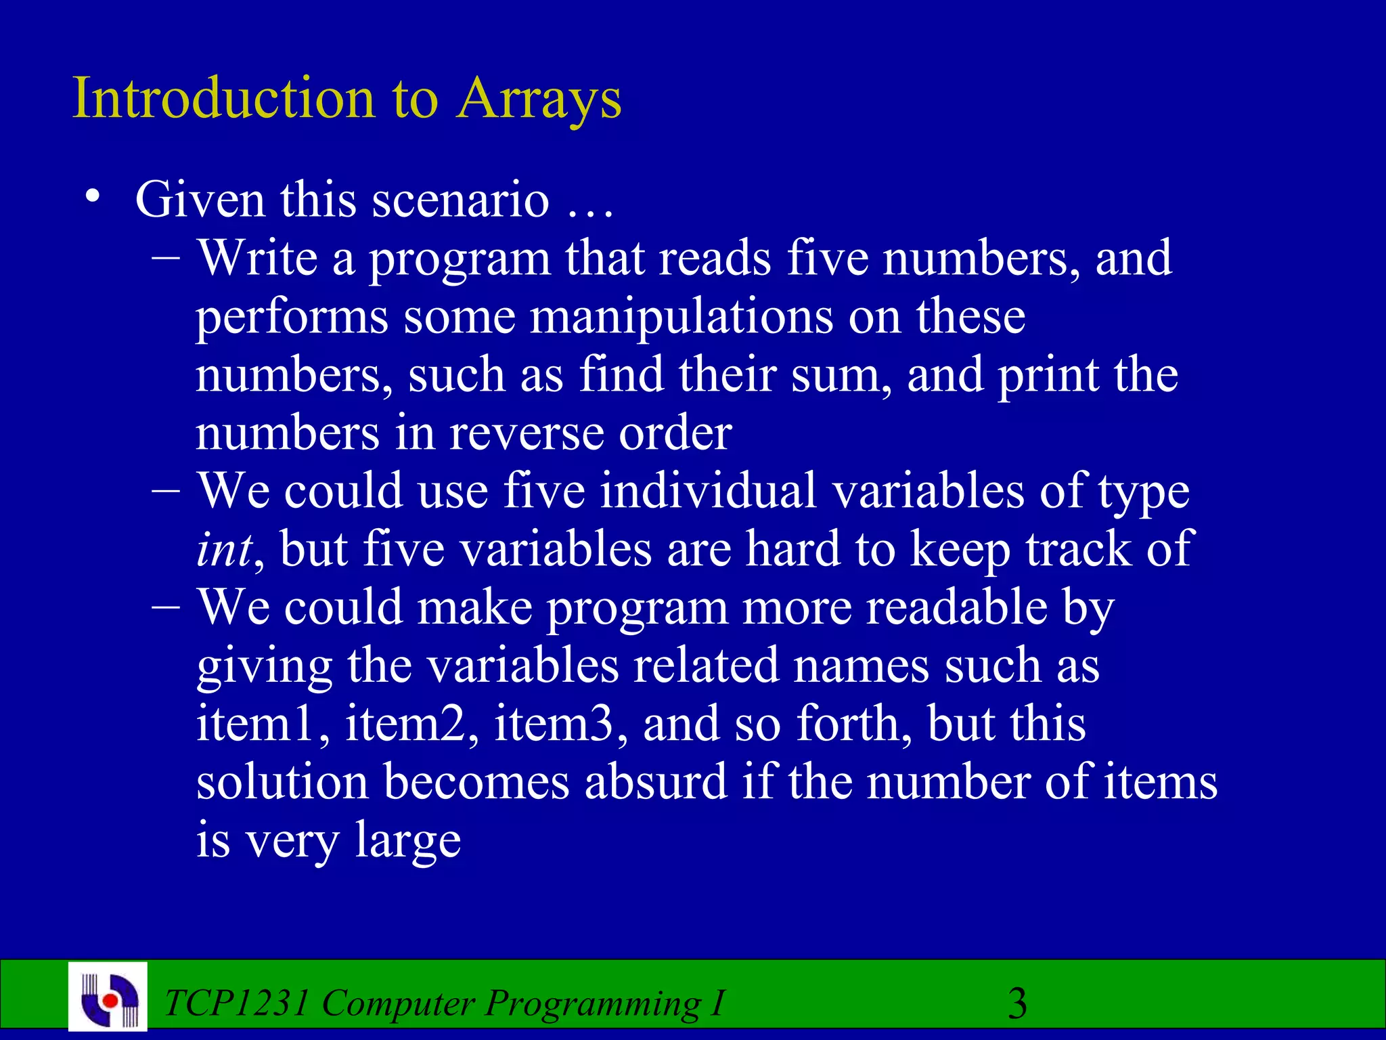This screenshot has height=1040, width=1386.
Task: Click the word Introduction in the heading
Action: click(223, 98)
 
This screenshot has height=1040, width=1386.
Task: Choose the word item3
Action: click(553, 723)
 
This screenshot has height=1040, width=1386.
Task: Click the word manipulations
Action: click(681, 317)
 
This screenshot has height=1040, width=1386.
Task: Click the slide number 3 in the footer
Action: click(1017, 1003)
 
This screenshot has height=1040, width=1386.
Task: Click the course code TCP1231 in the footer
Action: click(236, 1003)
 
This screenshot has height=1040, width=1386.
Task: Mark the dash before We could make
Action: click(166, 606)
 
